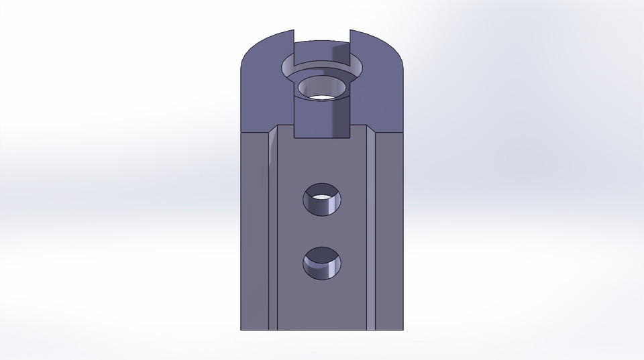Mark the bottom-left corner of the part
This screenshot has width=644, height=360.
click(241, 330)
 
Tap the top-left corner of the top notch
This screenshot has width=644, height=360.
click(294, 31)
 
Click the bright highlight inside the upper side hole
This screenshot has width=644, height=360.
click(323, 197)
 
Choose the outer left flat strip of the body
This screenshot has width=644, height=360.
click(254, 235)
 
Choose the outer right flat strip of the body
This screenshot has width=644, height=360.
click(389, 235)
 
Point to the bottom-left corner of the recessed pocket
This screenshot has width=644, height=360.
click(295, 139)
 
